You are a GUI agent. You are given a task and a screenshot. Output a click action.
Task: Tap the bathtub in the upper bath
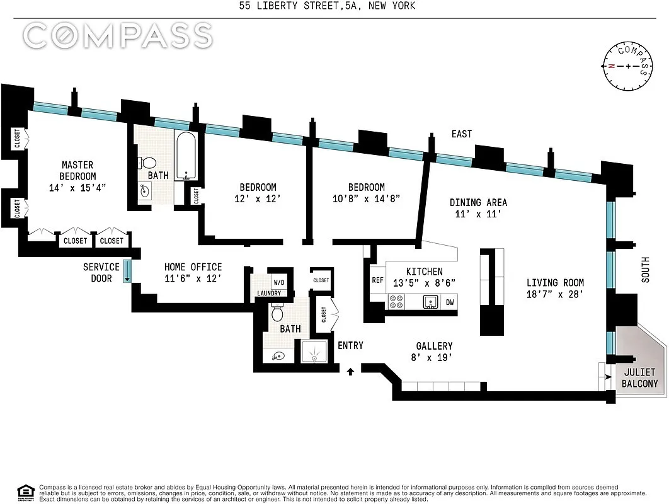(x=185, y=156)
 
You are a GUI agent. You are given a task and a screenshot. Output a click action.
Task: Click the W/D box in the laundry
(x=278, y=282)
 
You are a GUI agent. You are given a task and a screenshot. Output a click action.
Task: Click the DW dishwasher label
(x=449, y=302)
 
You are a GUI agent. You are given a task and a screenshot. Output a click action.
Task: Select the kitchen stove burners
(x=396, y=302)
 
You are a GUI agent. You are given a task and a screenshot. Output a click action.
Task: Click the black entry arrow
(x=351, y=371)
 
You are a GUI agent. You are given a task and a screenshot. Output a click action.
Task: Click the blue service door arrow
(x=127, y=271)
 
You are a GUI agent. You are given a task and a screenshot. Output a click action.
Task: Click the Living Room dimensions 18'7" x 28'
(x=555, y=294)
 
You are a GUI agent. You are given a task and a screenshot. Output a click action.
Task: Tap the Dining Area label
(x=478, y=202)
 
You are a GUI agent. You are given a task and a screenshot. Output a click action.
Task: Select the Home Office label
(x=193, y=267)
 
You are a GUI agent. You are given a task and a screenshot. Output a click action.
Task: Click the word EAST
(x=461, y=134)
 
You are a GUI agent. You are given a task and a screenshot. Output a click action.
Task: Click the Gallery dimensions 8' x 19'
(x=434, y=357)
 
